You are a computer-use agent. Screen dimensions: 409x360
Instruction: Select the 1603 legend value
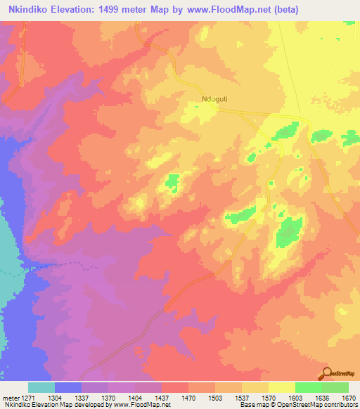pyautogui.click(x=295, y=397)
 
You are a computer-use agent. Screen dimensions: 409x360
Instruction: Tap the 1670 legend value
pyautogui.click(x=349, y=397)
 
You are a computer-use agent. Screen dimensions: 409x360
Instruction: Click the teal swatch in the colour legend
pyautogui.click(x=41, y=387)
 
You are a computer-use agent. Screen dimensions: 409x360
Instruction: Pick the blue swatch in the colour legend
pyautogui.click(x=68, y=387)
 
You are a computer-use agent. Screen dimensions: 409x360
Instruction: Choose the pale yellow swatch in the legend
pyautogui.click(x=281, y=387)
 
